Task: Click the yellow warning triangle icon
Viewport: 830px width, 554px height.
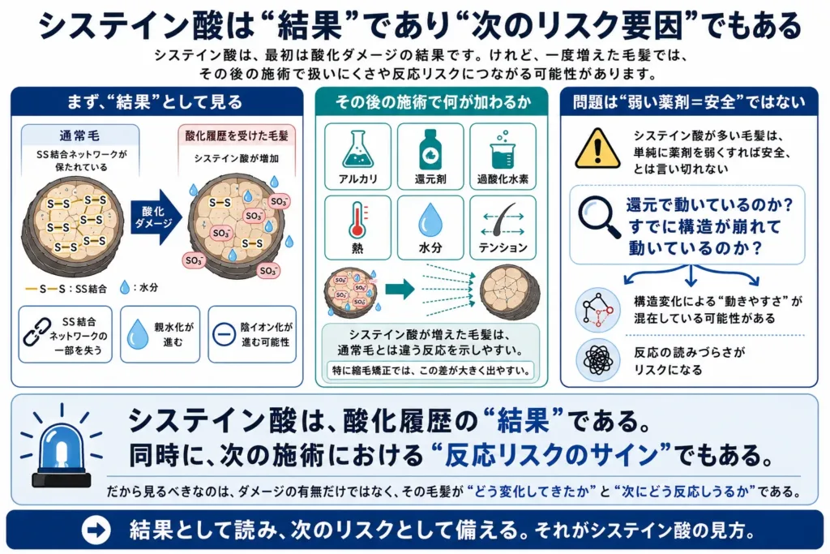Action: pos(597,148)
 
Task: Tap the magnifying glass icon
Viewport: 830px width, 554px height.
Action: pos(599,217)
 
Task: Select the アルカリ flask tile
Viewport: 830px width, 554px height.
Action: pos(357,157)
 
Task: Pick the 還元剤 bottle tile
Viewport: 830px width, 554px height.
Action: pos(430,157)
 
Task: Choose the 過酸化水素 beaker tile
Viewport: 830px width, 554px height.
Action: pos(503,157)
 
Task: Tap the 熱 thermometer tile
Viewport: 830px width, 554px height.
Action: pos(357,228)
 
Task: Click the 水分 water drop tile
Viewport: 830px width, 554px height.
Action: pos(430,228)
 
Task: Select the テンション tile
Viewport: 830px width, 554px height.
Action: pos(503,228)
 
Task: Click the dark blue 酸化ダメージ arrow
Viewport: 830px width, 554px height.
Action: pos(156,217)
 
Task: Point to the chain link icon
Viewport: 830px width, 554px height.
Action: pos(37,332)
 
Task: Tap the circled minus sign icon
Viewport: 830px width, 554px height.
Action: pos(224,334)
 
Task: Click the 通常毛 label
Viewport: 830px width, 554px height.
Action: pos(79,135)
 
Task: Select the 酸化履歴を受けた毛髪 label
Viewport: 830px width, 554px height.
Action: pos(237,135)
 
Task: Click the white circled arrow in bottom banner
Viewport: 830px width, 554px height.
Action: pos(96,530)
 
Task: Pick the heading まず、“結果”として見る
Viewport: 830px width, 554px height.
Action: pos(155,101)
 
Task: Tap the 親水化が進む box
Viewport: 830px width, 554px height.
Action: pos(160,334)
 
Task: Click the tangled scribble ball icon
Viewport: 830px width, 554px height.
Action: pos(598,360)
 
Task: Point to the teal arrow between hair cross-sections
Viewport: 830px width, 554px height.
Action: pos(400,290)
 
